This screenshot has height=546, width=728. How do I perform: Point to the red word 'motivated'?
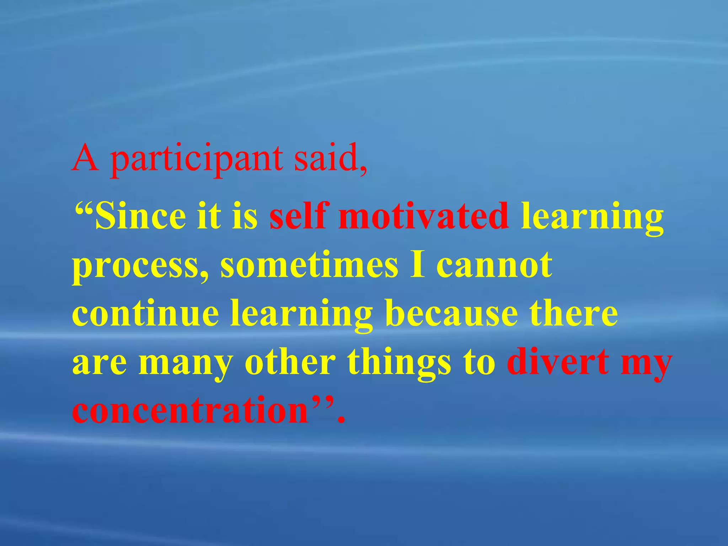(x=423, y=215)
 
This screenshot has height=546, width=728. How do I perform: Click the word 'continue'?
(x=145, y=313)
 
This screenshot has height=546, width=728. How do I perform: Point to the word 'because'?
(x=451, y=313)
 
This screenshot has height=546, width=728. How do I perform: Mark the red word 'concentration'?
(x=190, y=410)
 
